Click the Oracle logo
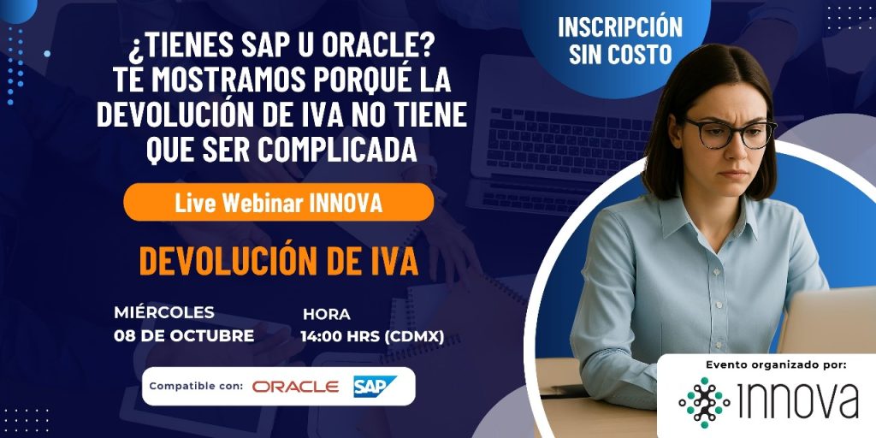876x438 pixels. point(295,387)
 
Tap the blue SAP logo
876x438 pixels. point(375,387)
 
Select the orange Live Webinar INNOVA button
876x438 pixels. point(278,202)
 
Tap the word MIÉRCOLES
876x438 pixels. point(164,312)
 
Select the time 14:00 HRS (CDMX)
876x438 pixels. point(373,336)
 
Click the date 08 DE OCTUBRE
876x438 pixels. point(185,335)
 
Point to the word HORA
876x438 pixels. point(327,315)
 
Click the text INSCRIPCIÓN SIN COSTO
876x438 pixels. point(620,40)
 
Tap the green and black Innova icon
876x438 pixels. point(704,402)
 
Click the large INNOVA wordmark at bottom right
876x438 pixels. point(798,401)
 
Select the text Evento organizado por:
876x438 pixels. point(777,365)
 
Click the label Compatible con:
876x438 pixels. point(196,386)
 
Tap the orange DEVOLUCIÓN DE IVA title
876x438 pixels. point(279,262)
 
